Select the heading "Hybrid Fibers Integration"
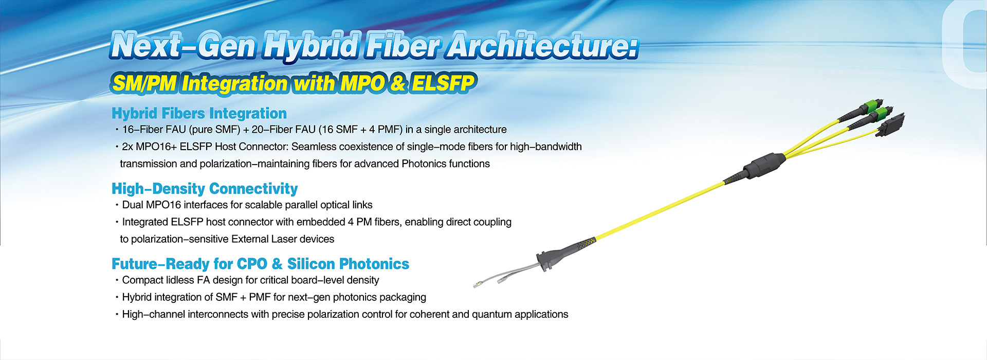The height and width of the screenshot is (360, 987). [199, 114]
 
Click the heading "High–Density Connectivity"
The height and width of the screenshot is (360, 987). [205, 189]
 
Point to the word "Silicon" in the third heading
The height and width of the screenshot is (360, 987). [311, 264]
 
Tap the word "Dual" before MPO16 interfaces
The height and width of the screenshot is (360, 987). [133, 205]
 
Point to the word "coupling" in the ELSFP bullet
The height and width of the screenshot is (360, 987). [491, 222]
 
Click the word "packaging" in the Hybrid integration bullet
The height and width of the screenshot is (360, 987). [403, 298]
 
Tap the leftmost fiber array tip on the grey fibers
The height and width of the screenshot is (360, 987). [478, 284]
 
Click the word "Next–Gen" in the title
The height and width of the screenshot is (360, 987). [183, 45]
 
